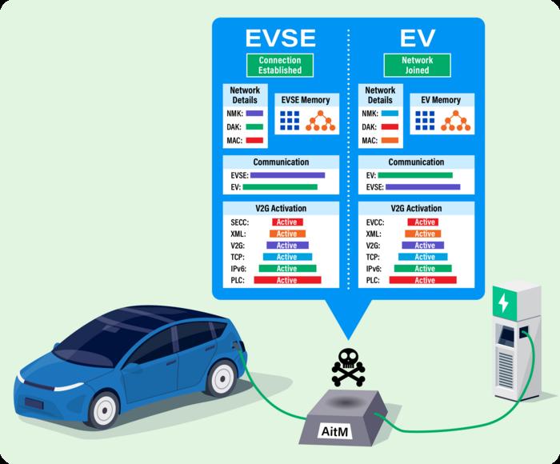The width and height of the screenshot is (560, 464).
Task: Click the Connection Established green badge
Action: pyautogui.click(x=279, y=65)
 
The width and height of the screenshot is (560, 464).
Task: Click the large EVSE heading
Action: pyautogui.click(x=280, y=38)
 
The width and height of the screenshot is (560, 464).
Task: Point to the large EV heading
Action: pyautogui.click(x=418, y=38)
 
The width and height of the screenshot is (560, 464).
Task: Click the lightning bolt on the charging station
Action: pyautogui.click(x=503, y=304)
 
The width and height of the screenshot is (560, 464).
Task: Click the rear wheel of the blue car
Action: pyautogui.click(x=223, y=377)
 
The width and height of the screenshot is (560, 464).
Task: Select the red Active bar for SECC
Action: pyautogui.click(x=286, y=222)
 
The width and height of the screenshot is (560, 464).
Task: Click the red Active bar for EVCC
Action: pyautogui.click(x=424, y=222)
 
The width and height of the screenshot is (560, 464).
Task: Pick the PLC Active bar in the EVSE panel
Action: pyautogui.click(x=286, y=281)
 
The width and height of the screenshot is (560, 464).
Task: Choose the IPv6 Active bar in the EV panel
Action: pyautogui.click(x=424, y=269)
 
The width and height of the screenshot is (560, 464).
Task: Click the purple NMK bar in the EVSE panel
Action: pyautogui.click(x=254, y=114)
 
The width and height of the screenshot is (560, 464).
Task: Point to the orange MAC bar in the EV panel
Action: pyautogui.click(x=390, y=141)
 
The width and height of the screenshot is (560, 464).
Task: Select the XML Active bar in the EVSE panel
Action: pyautogui.click(x=286, y=234)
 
